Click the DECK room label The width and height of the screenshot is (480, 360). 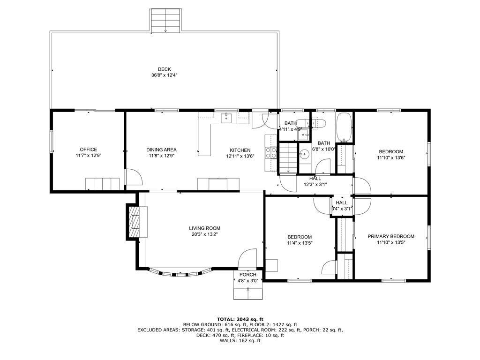tap(164, 69)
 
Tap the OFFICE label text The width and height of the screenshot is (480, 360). tap(88, 150)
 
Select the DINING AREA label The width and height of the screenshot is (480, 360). tap(161, 150)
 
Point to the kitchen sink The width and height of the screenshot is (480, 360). tap(227, 117)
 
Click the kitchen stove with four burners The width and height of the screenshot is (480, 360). tap(271, 151)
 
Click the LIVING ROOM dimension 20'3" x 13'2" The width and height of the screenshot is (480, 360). tap(205, 234)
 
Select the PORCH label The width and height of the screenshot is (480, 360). tap(247, 275)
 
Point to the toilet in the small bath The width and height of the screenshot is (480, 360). tap(319, 123)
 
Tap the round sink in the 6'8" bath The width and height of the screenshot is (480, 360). tap(305, 154)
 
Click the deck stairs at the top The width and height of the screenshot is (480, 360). tap(165, 21)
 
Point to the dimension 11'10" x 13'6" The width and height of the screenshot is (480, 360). tap(390, 157)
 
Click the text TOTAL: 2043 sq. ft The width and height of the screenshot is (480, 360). tap(240, 318)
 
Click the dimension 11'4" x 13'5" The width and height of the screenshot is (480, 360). tap(299, 243)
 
